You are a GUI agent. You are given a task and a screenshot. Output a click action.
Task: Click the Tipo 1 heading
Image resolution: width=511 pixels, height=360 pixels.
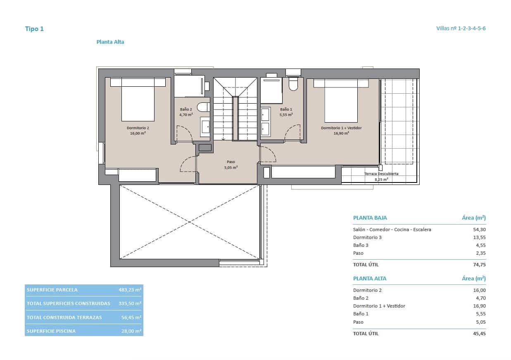34,29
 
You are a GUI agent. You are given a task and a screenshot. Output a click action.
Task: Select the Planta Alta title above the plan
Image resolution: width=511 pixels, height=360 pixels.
110,42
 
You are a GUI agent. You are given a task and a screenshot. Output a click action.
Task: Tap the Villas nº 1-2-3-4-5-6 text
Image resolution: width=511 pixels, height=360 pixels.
461,28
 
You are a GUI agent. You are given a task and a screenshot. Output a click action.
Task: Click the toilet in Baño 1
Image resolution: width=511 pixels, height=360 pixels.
293,85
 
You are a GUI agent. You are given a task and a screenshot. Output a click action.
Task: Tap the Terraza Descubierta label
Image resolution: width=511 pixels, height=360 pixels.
381,174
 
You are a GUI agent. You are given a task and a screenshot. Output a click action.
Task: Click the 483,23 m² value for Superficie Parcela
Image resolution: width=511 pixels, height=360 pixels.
130,290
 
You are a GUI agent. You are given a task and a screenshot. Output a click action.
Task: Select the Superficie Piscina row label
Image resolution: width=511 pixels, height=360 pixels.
51,331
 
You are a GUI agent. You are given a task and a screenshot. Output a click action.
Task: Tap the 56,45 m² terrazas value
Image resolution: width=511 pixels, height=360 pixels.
131,317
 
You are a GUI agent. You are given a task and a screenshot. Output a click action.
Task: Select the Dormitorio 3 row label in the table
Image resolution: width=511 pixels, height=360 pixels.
367,237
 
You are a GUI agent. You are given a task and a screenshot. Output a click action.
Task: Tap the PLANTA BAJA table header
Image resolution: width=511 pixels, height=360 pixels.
370,218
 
